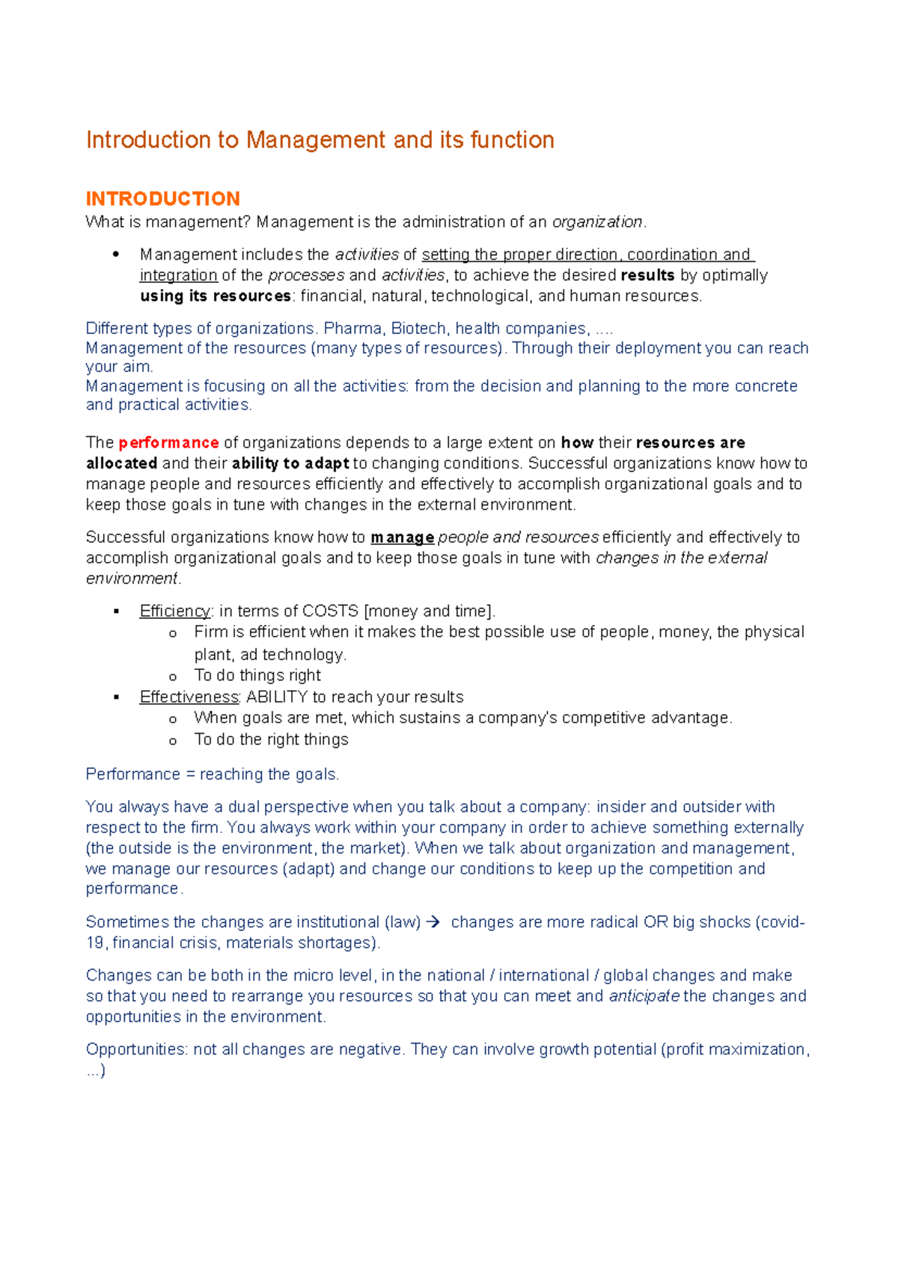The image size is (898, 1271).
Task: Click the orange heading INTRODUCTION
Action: (162, 199)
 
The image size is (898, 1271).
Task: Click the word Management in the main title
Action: (317, 140)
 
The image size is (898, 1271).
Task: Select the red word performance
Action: (168, 442)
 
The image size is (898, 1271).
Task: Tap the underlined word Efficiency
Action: (175, 611)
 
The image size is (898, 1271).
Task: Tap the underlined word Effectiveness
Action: (189, 697)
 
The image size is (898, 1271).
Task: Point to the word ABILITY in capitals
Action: (276, 697)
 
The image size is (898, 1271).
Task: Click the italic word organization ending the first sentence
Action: (596, 222)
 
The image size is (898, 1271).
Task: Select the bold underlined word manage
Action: (402, 537)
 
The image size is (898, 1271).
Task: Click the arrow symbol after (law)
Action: (433, 922)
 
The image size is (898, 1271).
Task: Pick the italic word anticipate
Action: (644, 996)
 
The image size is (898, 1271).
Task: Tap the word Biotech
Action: (418, 329)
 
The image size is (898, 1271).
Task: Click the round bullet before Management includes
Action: (116, 254)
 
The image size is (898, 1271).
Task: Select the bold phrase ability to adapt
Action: (290, 463)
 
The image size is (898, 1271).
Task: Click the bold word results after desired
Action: (647, 275)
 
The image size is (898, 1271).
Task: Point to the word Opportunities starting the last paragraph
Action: (136, 1049)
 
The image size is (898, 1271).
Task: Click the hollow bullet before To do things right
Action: (173, 677)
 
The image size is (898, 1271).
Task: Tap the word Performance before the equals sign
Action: (132, 775)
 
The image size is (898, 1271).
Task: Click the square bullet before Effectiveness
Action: (116, 697)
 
